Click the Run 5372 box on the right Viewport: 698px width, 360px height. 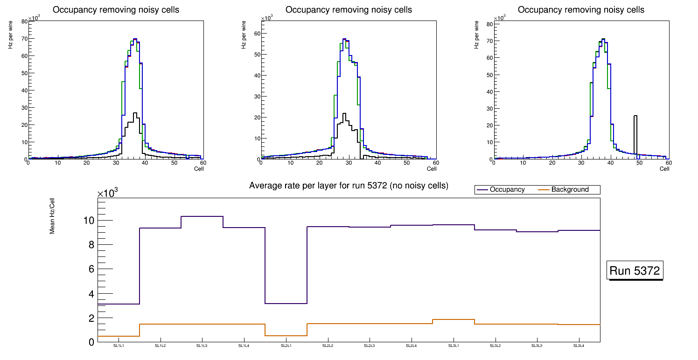(635, 270)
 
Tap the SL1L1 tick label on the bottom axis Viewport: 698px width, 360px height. (119, 346)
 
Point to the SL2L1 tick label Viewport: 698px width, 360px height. (286, 346)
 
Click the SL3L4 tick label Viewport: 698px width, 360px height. (579, 346)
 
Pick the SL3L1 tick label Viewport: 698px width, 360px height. (454, 346)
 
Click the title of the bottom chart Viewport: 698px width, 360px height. (349, 186)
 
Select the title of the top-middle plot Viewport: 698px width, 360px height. (349, 10)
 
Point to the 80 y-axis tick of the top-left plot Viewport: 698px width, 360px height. (24, 21)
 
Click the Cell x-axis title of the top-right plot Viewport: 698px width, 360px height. (664, 169)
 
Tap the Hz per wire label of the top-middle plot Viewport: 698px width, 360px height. (244, 35)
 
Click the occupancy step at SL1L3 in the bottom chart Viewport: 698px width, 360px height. (202, 216)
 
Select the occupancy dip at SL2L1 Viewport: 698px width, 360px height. (286, 304)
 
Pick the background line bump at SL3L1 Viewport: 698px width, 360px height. (454, 319)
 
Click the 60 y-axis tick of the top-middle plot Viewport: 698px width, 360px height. (256, 33)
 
